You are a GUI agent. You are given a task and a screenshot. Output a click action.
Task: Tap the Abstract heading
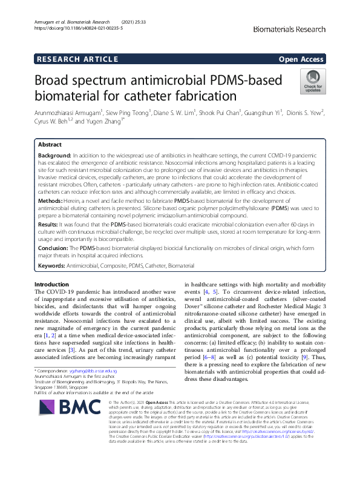click(50, 145)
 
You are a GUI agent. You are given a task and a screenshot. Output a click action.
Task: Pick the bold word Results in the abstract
click(49, 224)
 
